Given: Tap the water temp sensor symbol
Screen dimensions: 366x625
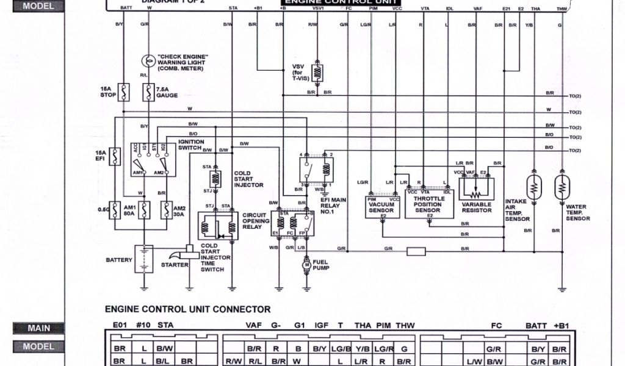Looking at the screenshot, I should click(561, 188).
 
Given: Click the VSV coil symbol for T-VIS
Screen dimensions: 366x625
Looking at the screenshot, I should click(317, 72).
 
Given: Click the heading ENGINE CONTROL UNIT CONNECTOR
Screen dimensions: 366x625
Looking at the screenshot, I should click(188, 309).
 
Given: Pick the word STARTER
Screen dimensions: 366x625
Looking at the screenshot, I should click(175, 265).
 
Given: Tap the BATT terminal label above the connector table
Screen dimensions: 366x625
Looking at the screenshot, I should click(536, 326).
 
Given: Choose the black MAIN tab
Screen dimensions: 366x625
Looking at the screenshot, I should click(39, 328).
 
